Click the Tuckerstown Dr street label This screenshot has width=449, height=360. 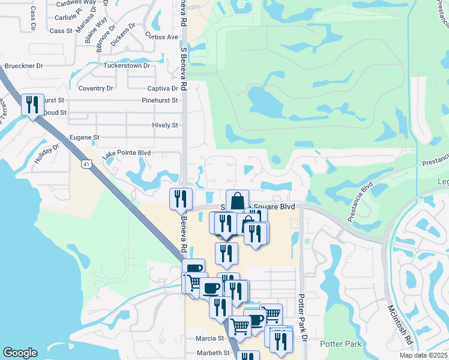127,65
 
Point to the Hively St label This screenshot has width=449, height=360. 166,125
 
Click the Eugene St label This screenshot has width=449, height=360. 84,137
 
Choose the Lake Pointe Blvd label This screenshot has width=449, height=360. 126,154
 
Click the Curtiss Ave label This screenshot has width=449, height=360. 163,37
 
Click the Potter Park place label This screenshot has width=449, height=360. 340,344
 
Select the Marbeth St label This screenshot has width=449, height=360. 210,353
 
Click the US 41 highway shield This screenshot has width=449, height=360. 88,164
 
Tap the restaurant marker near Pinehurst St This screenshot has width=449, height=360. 31,104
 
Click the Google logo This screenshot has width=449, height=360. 20,353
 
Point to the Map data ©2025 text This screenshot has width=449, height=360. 423,355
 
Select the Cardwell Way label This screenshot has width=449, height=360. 76,3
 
